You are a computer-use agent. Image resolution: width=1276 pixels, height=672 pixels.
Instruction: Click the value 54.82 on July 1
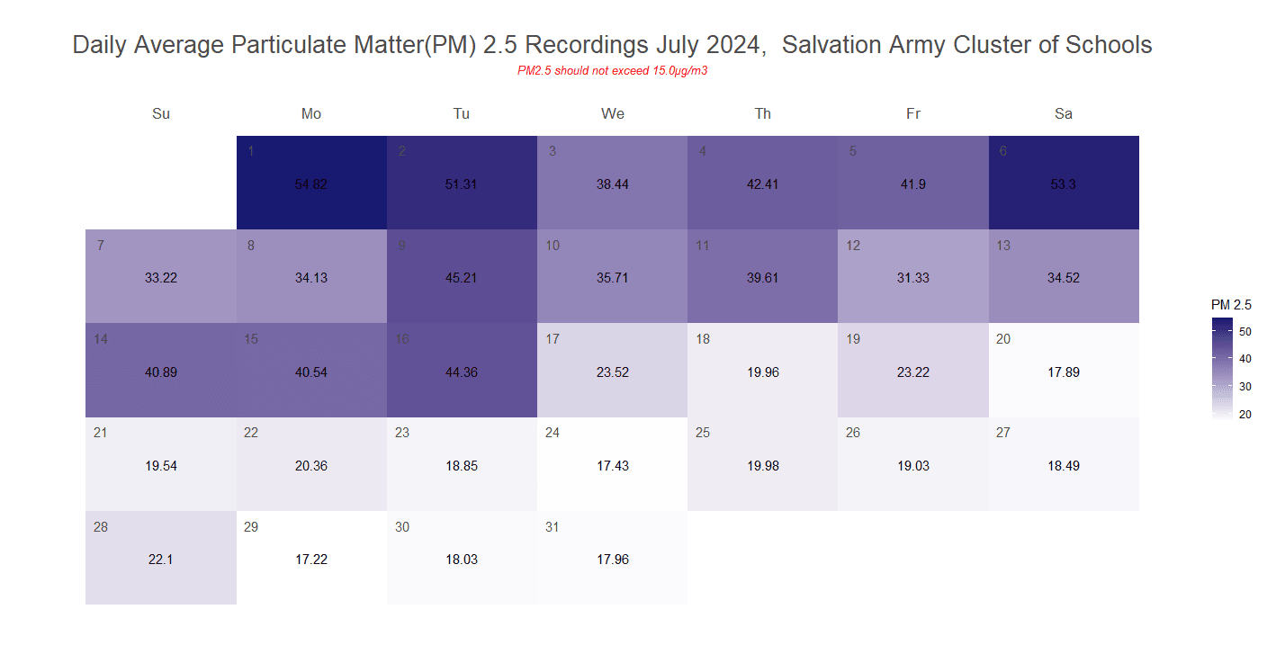311,184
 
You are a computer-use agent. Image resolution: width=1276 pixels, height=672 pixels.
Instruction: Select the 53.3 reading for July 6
1064,184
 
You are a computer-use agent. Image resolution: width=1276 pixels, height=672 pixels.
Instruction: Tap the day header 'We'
613,113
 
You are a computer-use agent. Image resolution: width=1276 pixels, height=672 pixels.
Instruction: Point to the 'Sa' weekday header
1064,113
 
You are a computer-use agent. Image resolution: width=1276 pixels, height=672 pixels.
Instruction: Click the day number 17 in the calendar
553,339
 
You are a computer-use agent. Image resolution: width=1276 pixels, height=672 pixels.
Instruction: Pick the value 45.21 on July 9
462,278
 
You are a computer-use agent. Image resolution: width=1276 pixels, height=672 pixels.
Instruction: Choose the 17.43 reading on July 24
613,466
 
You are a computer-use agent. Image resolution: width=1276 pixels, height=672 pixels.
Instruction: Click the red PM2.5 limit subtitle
612,70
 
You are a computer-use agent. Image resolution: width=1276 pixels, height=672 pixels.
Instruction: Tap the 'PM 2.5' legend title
1231,305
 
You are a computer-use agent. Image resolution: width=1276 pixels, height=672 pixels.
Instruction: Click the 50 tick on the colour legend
1245,331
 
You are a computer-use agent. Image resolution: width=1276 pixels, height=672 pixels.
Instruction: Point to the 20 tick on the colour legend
1245,414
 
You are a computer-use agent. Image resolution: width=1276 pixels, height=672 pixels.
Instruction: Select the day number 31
553,527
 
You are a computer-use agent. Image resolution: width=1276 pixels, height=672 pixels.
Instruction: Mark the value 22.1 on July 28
161,560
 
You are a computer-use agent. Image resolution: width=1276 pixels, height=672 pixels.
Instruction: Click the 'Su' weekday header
161,113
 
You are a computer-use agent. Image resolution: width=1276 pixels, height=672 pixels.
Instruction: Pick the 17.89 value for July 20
1064,372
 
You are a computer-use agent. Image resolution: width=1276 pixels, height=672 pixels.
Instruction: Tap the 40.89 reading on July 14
161,372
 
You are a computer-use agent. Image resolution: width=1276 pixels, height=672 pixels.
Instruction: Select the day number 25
703,433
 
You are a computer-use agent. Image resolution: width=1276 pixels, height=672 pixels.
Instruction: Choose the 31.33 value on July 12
913,278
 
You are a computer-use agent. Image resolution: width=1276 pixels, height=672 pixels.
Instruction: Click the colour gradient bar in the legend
1221,368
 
